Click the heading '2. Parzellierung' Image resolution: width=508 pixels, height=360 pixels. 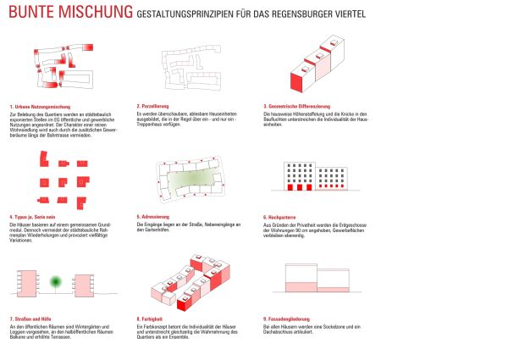point(154,106)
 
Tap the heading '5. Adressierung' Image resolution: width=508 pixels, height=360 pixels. point(154,216)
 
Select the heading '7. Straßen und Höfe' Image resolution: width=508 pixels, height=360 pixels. point(29,319)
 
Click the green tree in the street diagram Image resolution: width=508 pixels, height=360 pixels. point(57,282)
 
